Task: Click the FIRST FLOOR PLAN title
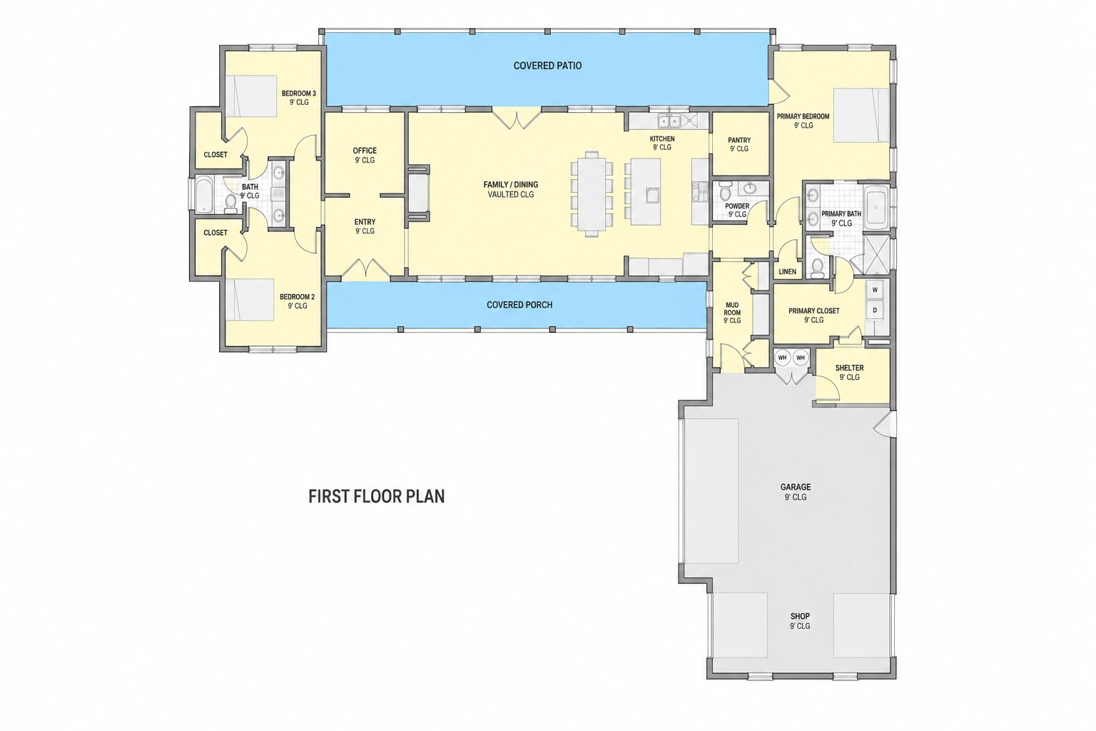coord(376,496)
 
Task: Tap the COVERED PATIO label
coord(547,66)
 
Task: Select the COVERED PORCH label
coord(519,305)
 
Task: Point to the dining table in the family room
coord(592,194)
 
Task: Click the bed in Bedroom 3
coord(251,96)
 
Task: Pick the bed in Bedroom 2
coord(249,300)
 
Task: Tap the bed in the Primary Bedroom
coord(861,116)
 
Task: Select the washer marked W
coord(876,290)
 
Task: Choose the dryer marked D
coord(876,310)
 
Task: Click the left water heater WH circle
coord(782,358)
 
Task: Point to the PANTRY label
coord(739,141)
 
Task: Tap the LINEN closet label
coord(787,272)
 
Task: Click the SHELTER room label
coord(849,368)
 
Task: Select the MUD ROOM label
coord(732,309)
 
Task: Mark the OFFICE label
coord(365,151)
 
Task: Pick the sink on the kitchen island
coord(652,195)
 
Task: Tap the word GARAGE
coord(796,487)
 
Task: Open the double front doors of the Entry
coord(365,269)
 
